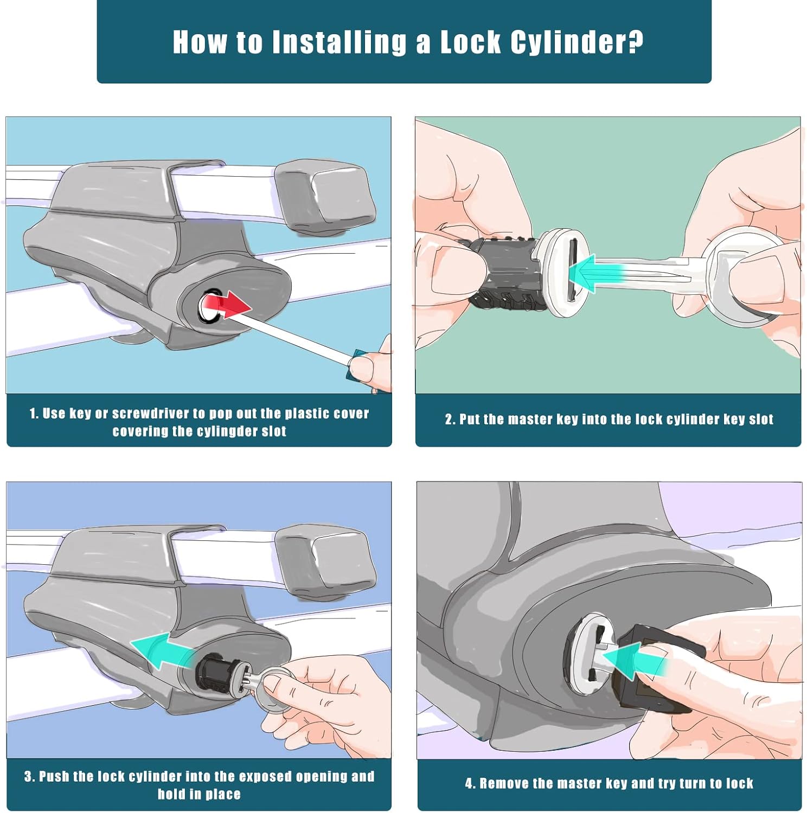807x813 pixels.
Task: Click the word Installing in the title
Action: pos(339,42)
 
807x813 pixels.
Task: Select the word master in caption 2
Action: pos(531,420)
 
